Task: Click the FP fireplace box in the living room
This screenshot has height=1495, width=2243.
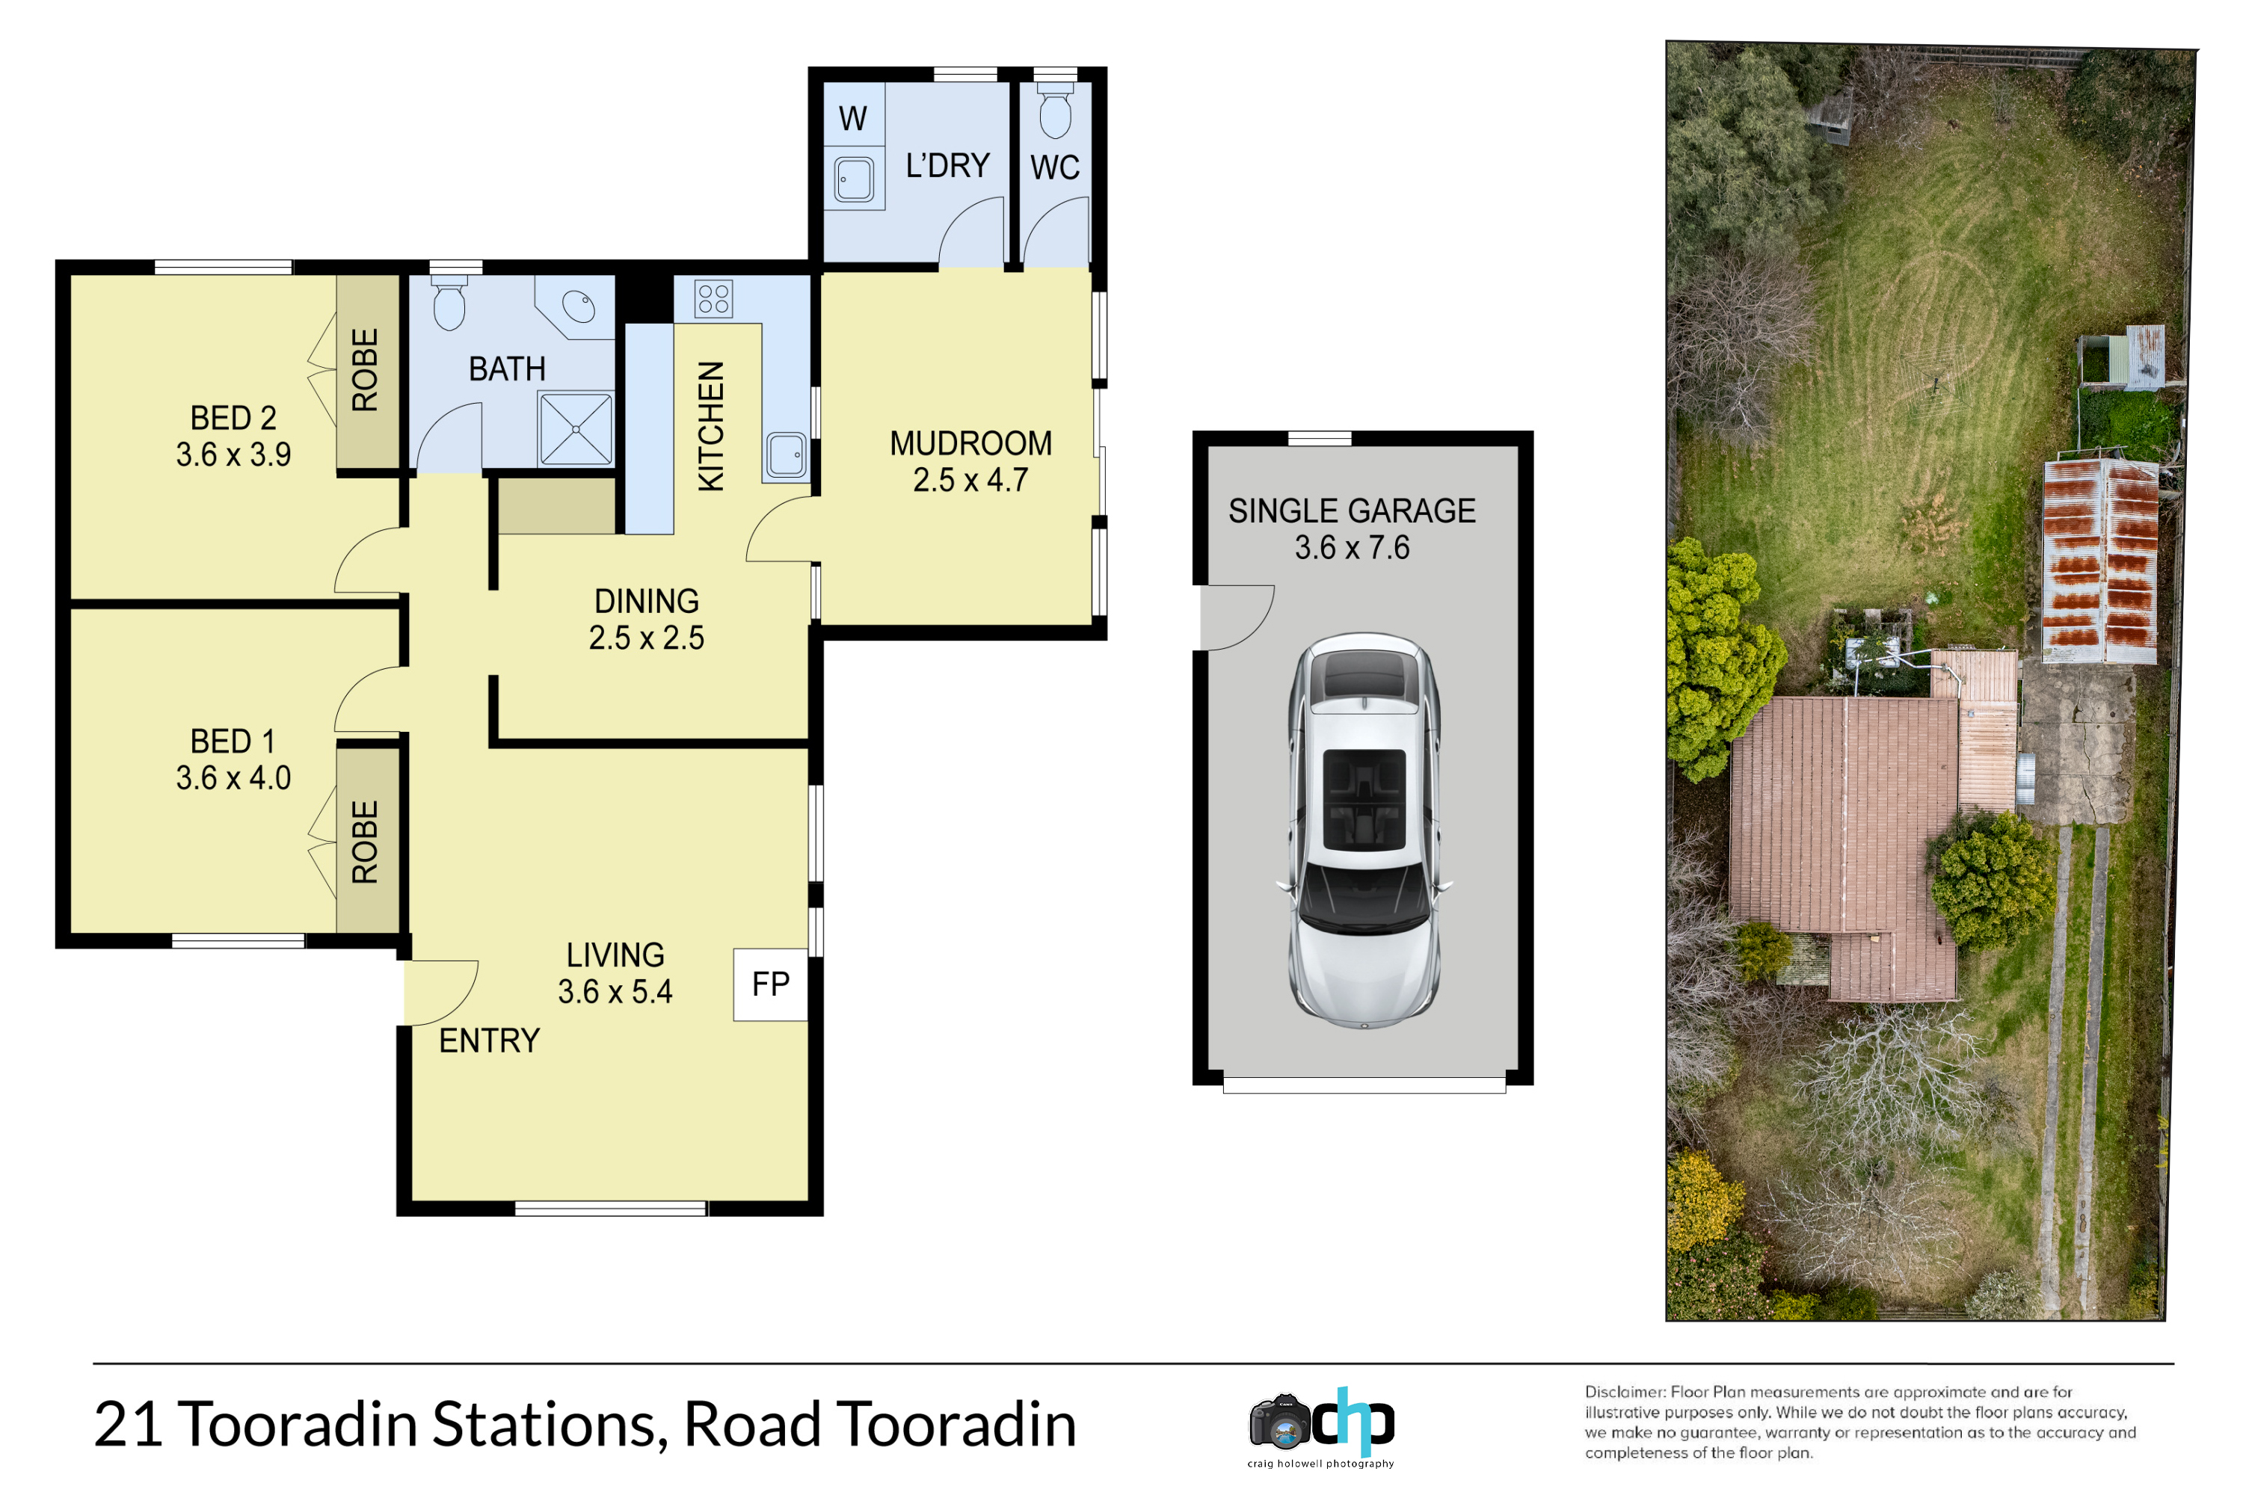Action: tap(771, 985)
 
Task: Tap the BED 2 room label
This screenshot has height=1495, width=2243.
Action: tap(233, 418)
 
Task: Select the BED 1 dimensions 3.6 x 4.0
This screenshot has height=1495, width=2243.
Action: tap(233, 778)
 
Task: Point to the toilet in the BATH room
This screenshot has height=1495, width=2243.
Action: tap(449, 302)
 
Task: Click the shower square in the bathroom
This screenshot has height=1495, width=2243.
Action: tap(576, 429)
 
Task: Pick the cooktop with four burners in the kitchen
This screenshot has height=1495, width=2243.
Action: tap(713, 298)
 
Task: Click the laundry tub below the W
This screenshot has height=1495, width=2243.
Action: tap(854, 179)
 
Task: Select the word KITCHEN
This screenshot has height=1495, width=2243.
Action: tap(712, 426)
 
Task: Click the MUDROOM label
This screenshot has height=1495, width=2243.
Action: tap(970, 443)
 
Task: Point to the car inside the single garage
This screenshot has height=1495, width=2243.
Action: tap(1364, 830)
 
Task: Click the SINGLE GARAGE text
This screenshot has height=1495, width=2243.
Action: tap(1353, 511)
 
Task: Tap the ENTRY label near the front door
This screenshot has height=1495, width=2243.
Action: tap(489, 1041)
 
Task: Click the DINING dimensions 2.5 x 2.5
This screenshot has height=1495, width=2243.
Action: tap(647, 638)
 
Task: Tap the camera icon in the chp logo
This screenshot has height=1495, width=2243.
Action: tap(1280, 1422)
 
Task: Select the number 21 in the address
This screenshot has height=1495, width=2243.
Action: tap(129, 1425)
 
